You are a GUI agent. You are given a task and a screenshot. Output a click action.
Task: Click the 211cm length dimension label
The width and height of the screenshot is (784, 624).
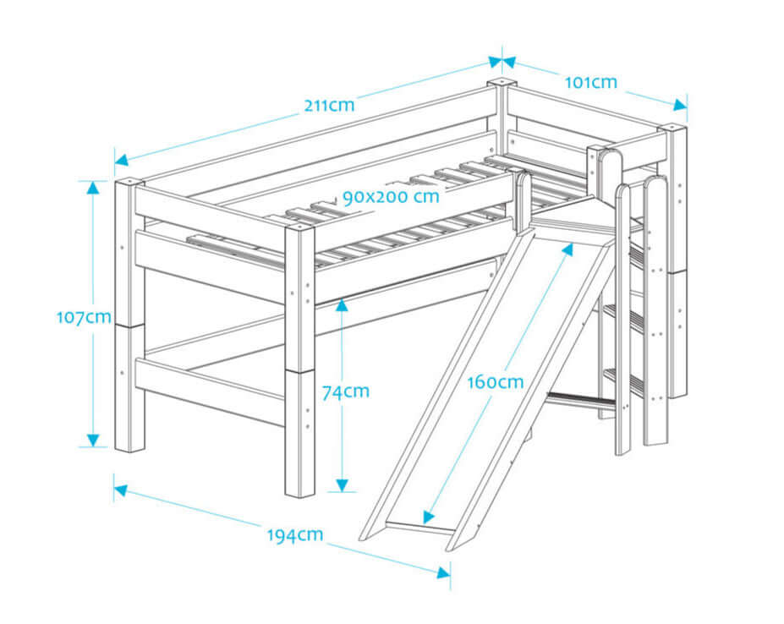coord(329,106)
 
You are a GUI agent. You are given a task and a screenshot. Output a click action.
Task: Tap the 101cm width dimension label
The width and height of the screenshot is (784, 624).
coord(590,82)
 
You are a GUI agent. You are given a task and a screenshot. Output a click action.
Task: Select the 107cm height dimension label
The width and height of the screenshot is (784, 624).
coord(84,317)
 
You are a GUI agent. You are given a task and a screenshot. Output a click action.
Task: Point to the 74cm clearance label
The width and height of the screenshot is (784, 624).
coord(345,391)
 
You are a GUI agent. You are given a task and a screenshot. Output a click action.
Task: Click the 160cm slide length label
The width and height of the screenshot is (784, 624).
coord(496,381)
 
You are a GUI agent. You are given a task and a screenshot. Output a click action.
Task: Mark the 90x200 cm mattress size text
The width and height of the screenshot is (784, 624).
coord(391,197)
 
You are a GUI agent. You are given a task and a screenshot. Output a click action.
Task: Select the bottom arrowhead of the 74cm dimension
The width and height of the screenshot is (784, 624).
coord(341,484)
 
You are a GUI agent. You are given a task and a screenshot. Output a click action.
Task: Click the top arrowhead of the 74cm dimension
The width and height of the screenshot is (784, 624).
coord(341,303)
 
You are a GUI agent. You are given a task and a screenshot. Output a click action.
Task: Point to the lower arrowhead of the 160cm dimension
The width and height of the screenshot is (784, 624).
coord(430,517)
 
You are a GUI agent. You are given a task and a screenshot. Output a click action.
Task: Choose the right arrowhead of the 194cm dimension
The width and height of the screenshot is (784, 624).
coord(443,572)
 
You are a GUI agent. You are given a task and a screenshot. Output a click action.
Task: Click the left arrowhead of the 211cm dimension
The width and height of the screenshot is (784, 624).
coord(122,159)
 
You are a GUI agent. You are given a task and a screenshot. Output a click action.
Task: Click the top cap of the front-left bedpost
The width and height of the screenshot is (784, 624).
coord(129,181)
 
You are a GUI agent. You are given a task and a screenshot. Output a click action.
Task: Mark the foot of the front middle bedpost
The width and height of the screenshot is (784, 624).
coord(300,490)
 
